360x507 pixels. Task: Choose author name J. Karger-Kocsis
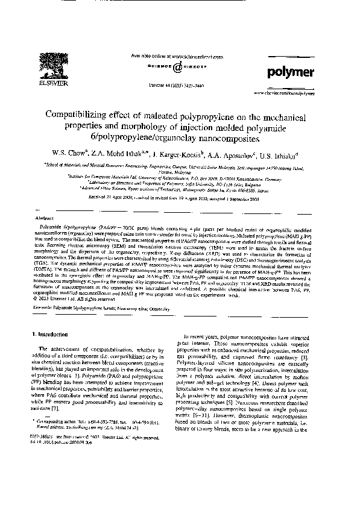point(180,151)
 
